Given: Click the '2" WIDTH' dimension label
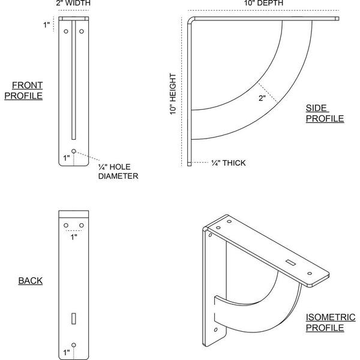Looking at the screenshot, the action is click(x=73, y=3).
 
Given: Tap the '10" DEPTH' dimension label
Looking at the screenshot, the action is click(x=263, y=3).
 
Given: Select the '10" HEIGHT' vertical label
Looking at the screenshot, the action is click(x=173, y=94).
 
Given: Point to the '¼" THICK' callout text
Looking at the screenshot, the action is click(x=228, y=163).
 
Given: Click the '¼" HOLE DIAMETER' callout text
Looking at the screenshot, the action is click(x=118, y=171).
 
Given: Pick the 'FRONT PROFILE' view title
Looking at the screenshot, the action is click(x=23, y=91).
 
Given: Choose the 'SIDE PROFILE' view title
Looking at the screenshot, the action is click(x=325, y=113).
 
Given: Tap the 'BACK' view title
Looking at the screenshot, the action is click(x=31, y=281).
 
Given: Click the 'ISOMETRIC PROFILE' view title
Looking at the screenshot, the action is click(x=331, y=322).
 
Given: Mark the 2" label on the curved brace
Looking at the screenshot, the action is click(x=262, y=98).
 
